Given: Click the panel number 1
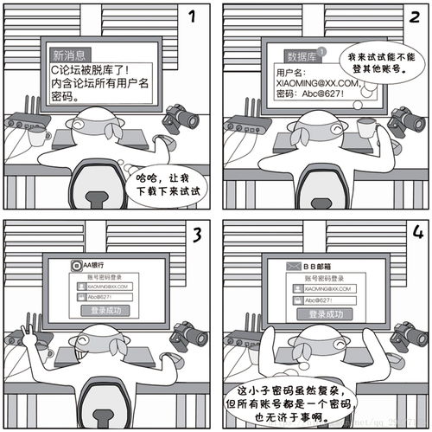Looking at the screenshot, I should click(193, 16).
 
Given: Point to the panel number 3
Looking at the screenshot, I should click(195, 234).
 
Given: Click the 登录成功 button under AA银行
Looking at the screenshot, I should click(106, 310).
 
